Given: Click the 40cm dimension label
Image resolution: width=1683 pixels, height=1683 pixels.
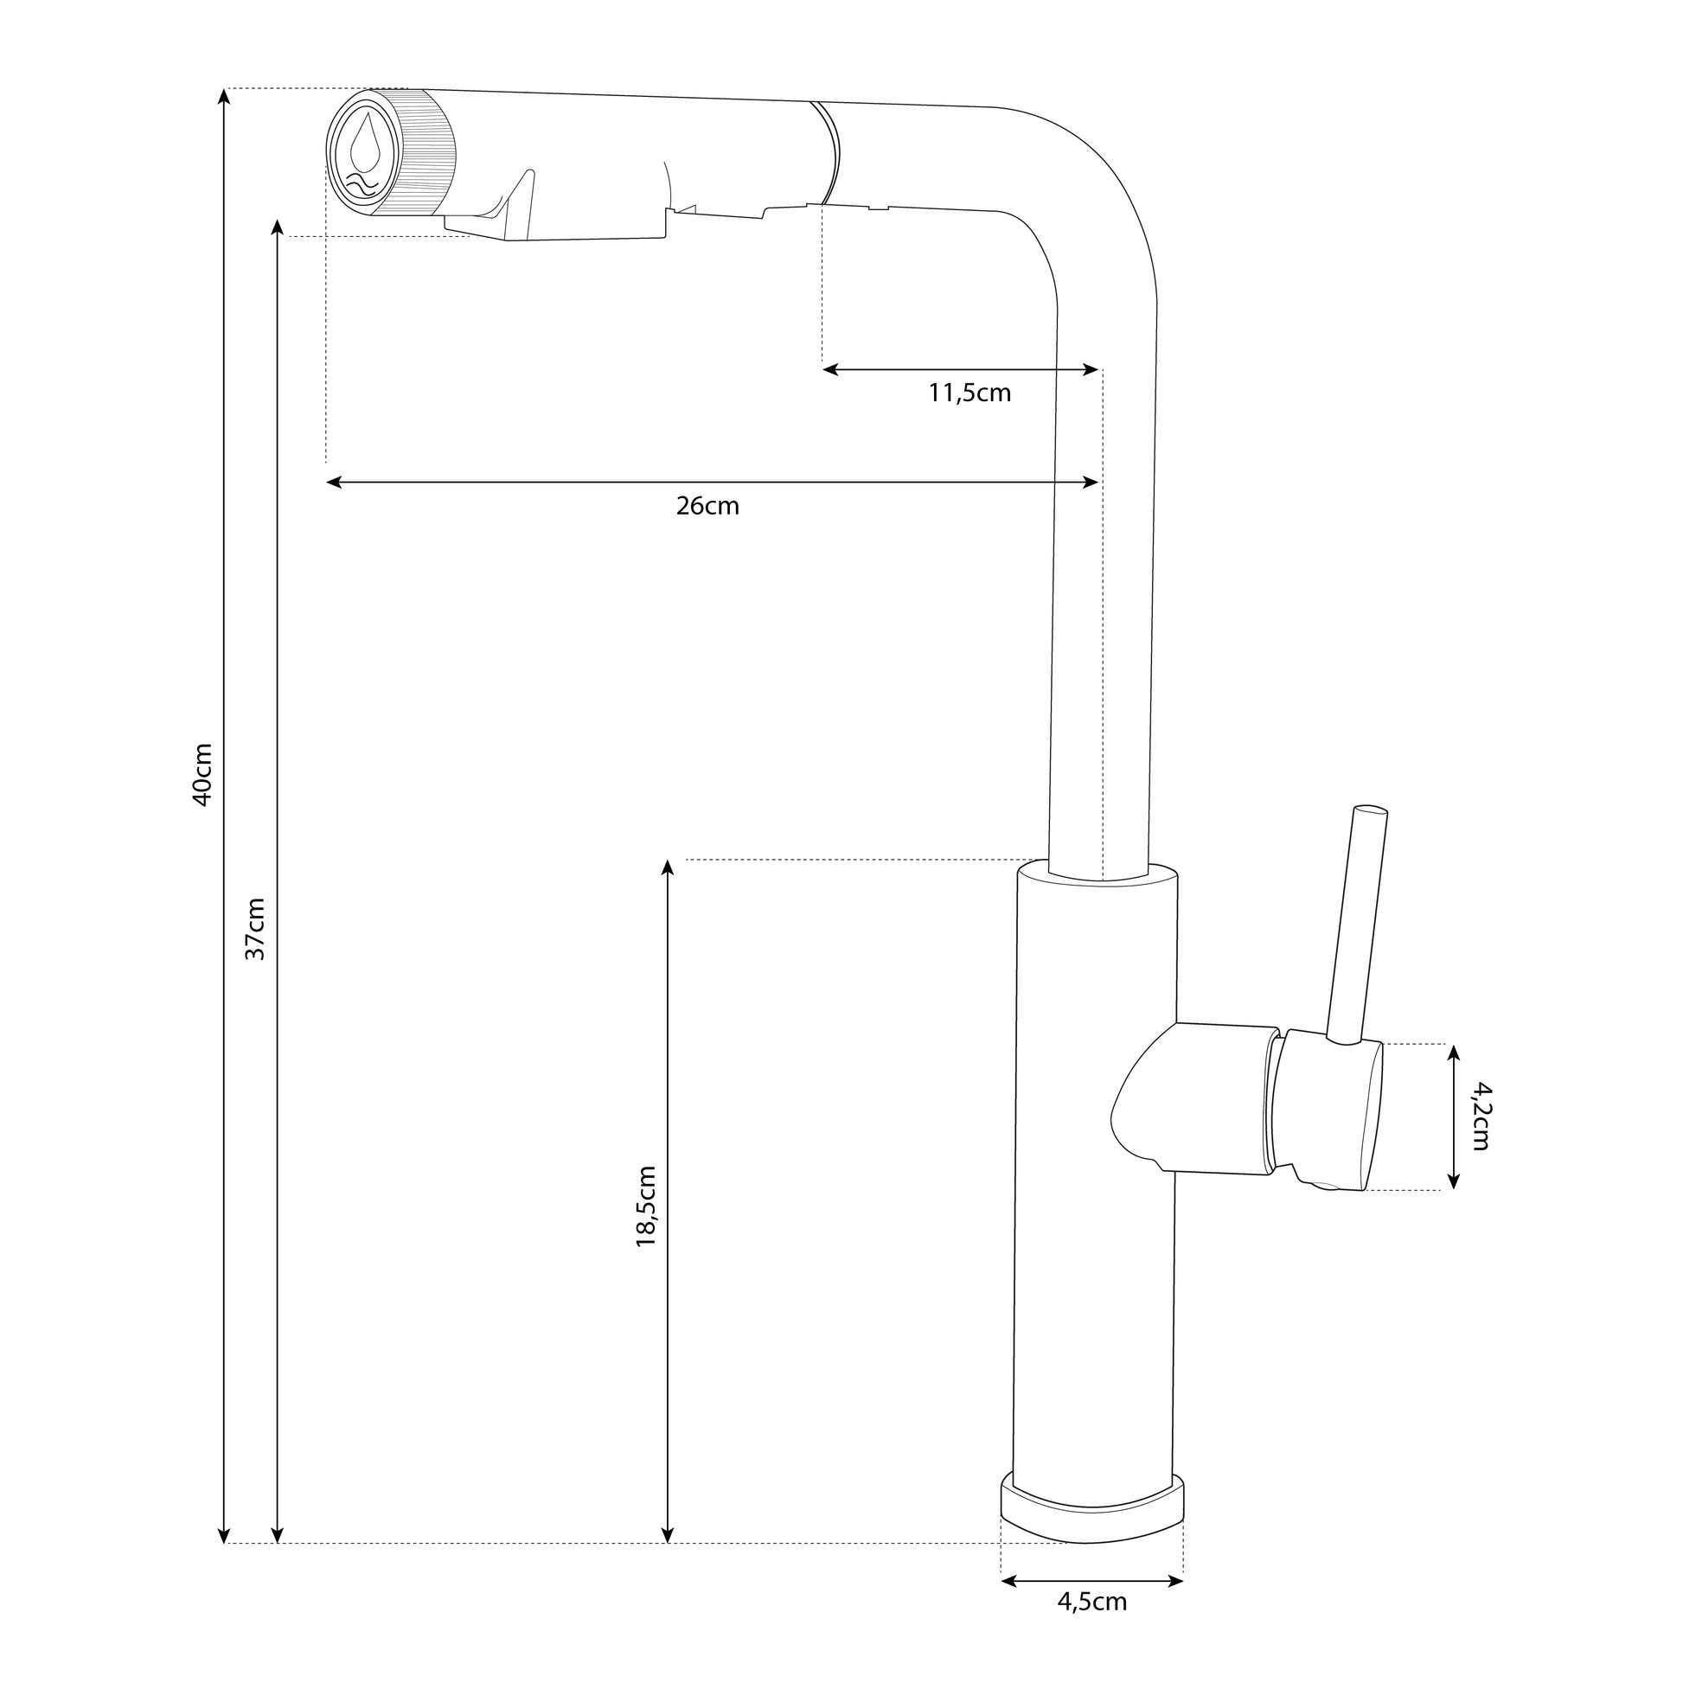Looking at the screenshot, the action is coord(202,774).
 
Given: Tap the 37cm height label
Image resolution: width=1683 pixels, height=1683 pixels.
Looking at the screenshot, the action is coord(254,929).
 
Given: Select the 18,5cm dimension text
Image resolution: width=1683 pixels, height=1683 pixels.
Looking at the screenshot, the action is coord(645,1206).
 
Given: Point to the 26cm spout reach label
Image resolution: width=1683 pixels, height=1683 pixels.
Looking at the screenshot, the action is coord(707,506).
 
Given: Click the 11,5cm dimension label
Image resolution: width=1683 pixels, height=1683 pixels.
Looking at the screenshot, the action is coord(969,394).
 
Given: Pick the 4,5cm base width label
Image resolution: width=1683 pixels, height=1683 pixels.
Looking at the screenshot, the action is coord(1092,1627).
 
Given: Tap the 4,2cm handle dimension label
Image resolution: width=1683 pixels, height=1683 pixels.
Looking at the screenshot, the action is coord(1481,1116).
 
